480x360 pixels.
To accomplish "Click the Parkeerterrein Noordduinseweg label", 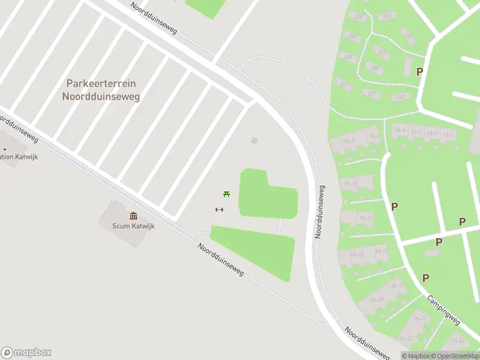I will point(101,90).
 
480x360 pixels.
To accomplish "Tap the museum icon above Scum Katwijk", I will point(133,216).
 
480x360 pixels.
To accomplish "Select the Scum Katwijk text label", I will point(127,226).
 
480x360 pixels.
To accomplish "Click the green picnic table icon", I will point(226,193).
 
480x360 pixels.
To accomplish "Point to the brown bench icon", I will point(218,209).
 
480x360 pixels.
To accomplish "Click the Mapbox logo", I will point(26,353).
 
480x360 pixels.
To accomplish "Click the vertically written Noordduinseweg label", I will point(322,211).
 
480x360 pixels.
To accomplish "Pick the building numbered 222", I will point(386,16).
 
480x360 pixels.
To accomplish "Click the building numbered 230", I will point(409,37).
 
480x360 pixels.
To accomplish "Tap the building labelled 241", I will point(401,96).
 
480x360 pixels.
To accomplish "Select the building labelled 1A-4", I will point(400,131).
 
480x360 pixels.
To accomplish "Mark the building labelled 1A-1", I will point(447,134).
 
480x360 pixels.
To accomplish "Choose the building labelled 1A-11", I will point(366,218).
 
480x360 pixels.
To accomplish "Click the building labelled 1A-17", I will point(397,286).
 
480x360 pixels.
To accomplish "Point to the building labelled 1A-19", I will point(377,299).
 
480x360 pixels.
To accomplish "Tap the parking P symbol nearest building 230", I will point(419,71).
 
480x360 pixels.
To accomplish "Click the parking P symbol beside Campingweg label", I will point(425,278).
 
